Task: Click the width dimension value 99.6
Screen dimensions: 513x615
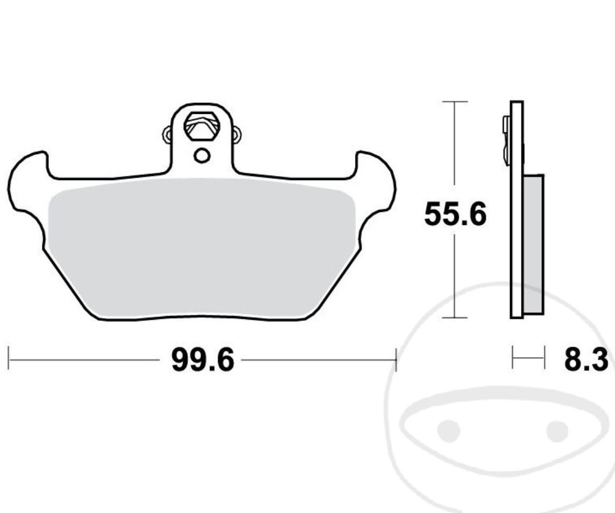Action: click(202, 360)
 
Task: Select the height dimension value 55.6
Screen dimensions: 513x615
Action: click(455, 215)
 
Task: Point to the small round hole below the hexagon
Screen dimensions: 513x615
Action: click(202, 156)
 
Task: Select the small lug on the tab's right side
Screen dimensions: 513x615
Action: click(236, 134)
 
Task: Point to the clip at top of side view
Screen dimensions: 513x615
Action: click(506, 140)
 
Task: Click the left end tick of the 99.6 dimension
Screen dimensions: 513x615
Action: click(9, 358)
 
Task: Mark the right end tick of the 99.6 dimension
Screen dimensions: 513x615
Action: click(396, 358)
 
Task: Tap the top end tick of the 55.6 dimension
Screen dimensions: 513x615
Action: click(455, 101)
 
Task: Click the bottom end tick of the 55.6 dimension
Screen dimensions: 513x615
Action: click(455, 318)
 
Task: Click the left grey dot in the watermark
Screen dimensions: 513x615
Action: click(448, 429)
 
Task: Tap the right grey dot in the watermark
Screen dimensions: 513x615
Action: click(557, 429)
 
